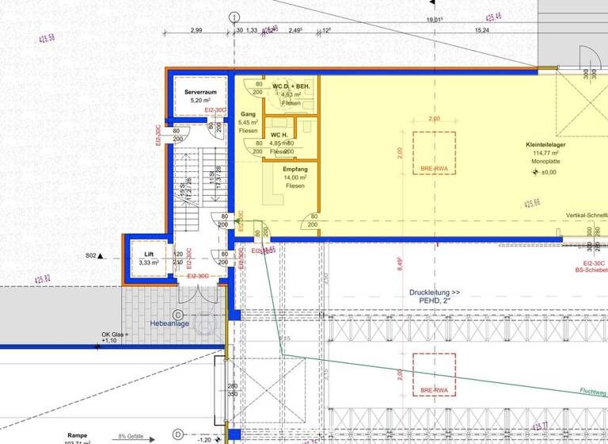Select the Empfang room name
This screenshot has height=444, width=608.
295,169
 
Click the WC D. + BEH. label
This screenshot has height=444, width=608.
291,86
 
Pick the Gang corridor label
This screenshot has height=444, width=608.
248,114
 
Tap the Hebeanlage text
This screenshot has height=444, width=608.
169,323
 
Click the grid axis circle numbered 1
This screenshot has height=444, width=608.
234,17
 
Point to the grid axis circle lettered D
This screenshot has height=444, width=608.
178,434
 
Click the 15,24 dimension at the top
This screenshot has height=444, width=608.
481,30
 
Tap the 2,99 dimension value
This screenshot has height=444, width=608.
196,30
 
